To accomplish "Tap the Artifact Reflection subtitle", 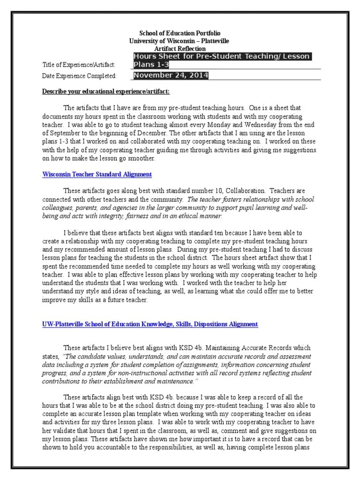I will click(x=180, y=49).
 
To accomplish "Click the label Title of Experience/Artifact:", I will click(x=78, y=65).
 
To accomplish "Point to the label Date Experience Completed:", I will click(x=79, y=76).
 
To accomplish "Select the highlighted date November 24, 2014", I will click(x=171, y=75).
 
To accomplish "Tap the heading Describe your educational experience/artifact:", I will click(x=106, y=91).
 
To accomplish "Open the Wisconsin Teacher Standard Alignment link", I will click(x=97, y=174).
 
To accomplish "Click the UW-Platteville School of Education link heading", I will click(x=150, y=324).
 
